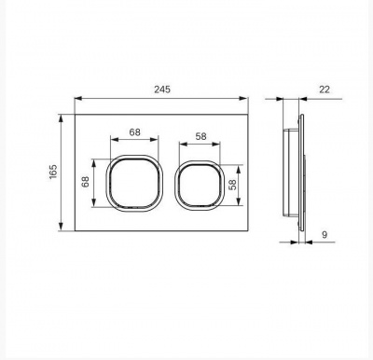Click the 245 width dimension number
(x=159, y=90)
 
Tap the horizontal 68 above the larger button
(x=135, y=132)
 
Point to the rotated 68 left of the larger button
(x=85, y=182)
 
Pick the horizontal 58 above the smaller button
(x=200, y=136)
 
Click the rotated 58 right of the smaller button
(x=246, y=185)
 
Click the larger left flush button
(x=135, y=182)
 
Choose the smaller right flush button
(x=200, y=185)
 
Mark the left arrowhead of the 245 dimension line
(x=76, y=98)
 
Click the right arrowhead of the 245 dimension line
(x=245, y=98)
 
